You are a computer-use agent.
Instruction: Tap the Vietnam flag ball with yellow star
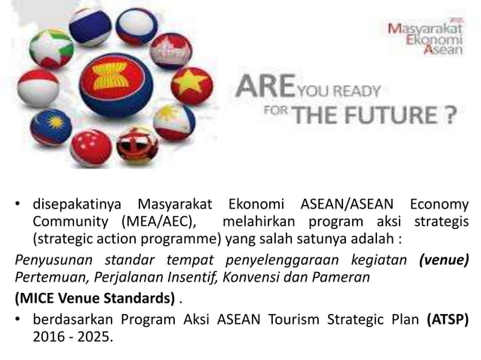point(191,85)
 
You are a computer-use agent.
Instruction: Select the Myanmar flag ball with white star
point(52,48)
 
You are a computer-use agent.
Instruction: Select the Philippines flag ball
point(174,121)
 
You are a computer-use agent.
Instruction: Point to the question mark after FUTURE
point(448,115)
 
